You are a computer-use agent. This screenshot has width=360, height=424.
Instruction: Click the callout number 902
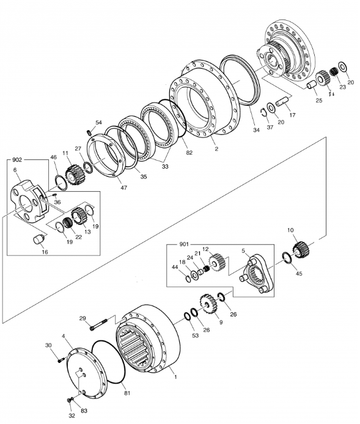[17, 160]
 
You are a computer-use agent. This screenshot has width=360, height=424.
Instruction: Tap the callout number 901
[184, 244]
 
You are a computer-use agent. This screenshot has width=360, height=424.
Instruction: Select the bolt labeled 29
[98, 324]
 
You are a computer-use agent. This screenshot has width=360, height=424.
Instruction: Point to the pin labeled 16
[39, 239]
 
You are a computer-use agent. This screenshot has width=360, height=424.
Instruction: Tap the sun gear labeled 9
[209, 304]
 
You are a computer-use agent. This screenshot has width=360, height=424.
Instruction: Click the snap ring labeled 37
[263, 112]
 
